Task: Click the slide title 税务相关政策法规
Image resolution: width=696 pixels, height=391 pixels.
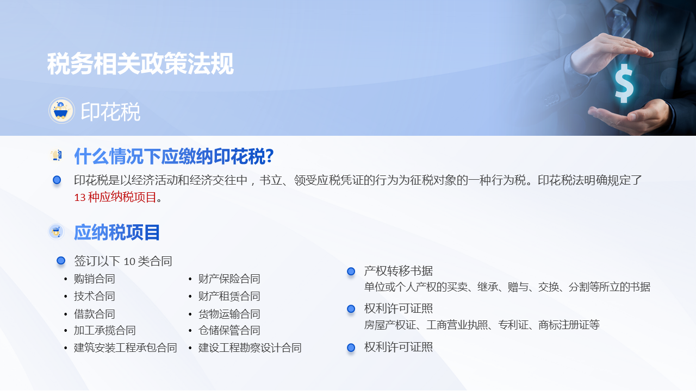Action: pyautogui.click(x=140, y=64)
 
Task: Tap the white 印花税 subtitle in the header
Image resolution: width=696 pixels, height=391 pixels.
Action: pyautogui.click(x=110, y=112)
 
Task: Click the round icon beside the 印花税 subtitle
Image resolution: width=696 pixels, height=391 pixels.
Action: pyautogui.click(x=61, y=111)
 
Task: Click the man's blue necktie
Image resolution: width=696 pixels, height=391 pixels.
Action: pyautogui.click(x=620, y=22)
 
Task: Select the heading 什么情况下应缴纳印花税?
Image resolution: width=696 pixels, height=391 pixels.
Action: pyautogui.click(x=173, y=156)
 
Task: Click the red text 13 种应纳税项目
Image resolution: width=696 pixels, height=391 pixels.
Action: pyautogui.click(x=115, y=197)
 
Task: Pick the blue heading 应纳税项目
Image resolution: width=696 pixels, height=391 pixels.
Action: pyautogui.click(x=117, y=232)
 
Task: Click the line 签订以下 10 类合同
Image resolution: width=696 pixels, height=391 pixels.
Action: pyautogui.click(x=123, y=261)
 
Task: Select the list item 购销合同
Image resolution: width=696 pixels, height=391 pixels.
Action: pyautogui.click(x=95, y=279)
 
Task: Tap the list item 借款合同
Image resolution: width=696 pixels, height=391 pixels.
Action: pyautogui.click(x=95, y=314)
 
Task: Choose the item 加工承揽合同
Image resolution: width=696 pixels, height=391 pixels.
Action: pyautogui.click(x=105, y=330)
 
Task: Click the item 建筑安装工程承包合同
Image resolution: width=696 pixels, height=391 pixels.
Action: pyautogui.click(x=126, y=348)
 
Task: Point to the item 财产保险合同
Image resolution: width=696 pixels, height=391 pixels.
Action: pyautogui.click(x=229, y=279)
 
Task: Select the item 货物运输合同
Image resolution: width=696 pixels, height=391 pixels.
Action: pyautogui.click(x=229, y=314)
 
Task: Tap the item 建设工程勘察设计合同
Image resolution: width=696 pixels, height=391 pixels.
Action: pyautogui.click(x=250, y=348)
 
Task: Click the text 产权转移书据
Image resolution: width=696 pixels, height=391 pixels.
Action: pyautogui.click(x=399, y=270)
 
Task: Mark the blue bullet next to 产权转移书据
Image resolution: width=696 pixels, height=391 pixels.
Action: pyautogui.click(x=351, y=271)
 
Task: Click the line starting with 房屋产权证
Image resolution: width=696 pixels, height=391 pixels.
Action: pyautogui.click(x=482, y=325)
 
